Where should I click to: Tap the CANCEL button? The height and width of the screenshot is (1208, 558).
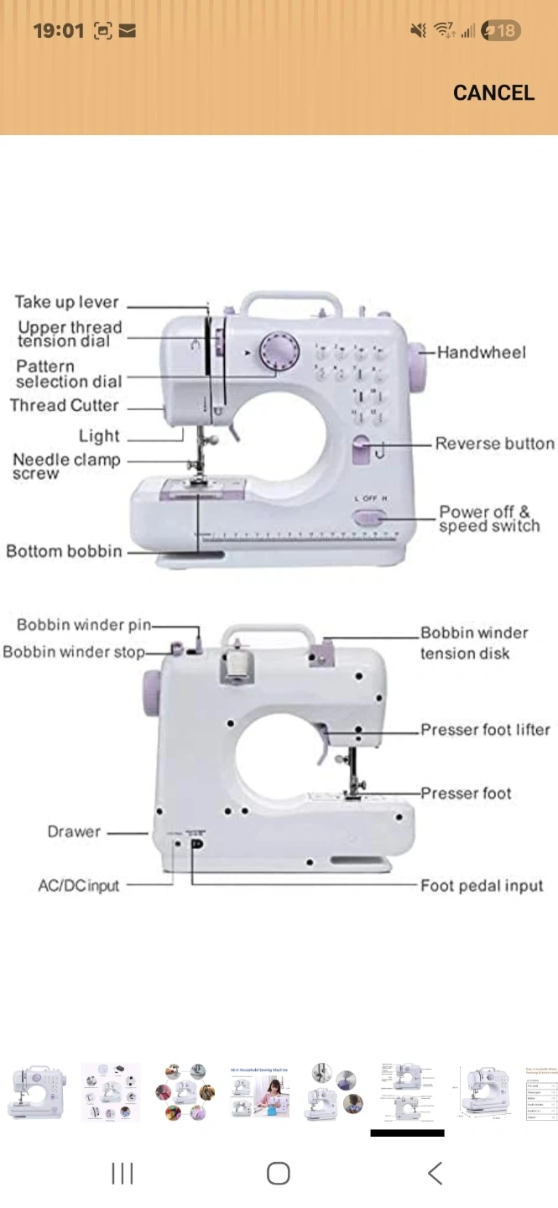click(x=493, y=93)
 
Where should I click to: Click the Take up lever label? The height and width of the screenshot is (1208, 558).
click(x=67, y=302)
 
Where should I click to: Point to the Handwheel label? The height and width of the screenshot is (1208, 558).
click(x=482, y=352)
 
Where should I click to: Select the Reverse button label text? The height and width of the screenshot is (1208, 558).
click(x=494, y=444)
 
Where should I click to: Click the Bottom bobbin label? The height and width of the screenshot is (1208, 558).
click(x=64, y=551)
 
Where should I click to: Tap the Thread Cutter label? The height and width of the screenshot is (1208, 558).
click(x=65, y=406)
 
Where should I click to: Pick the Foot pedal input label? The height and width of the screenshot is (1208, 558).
click(x=482, y=886)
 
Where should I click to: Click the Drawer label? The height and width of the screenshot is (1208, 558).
click(x=74, y=832)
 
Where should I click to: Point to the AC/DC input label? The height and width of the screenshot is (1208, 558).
click(x=79, y=886)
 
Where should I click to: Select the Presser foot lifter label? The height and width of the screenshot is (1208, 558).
click(x=485, y=730)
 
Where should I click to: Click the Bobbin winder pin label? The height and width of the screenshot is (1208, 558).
click(x=84, y=625)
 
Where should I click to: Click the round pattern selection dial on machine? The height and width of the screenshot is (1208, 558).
click(x=278, y=351)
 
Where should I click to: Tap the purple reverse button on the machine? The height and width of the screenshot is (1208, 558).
click(x=362, y=450)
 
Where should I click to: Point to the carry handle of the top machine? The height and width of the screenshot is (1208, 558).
click(x=290, y=302)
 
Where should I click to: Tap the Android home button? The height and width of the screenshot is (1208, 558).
click(x=279, y=1173)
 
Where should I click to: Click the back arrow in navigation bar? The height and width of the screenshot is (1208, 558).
click(x=435, y=1173)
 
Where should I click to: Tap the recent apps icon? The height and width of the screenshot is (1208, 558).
click(x=123, y=1173)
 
